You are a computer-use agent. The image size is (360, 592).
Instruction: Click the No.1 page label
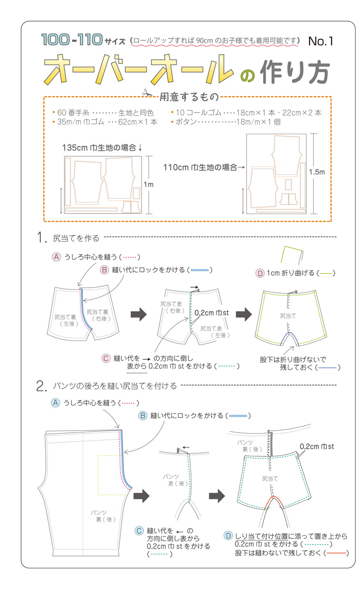pos(321,41)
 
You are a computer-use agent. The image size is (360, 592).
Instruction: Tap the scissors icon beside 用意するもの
pos(147,92)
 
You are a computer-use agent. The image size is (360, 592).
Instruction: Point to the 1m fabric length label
pos(148,185)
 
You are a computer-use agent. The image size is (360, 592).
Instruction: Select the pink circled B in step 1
pos(105,270)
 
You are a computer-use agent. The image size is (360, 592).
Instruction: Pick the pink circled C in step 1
pos(106,358)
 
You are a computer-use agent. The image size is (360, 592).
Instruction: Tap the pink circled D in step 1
pos(259,273)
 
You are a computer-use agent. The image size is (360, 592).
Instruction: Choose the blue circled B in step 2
pos(143,416)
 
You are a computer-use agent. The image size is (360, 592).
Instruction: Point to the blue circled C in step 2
pos(140,531)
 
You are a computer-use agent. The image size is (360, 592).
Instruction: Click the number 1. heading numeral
pos(41,238)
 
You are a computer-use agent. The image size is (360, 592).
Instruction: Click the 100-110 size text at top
pos(72,39)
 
